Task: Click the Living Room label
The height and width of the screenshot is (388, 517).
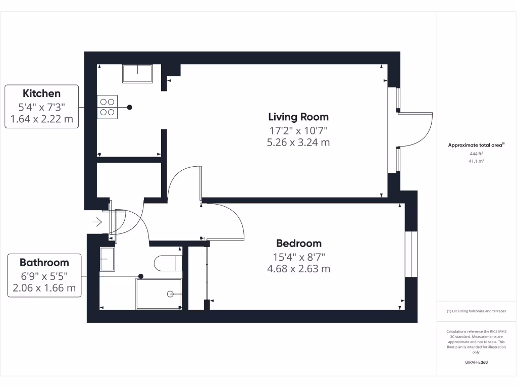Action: [x=298, y=117]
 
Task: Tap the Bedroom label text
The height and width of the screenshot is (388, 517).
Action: [x=298, y=243]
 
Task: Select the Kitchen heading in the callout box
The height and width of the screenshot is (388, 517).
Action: [x=41, y=93]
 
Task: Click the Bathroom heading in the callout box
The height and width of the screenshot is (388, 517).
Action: [x=44, y=263]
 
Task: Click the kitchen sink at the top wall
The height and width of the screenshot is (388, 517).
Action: [x=137, y=74]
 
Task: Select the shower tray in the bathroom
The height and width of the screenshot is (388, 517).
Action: [x=159, y=294]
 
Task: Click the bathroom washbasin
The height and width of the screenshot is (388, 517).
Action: [x=107, y=259]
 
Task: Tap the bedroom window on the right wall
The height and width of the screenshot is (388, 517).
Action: [x=411, y=254]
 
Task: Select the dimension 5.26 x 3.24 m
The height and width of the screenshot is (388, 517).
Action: [x=298, y=142]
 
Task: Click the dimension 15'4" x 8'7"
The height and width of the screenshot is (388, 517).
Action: [x=298, y=256]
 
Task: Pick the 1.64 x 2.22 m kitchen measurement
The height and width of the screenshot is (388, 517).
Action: [x=41, y=120]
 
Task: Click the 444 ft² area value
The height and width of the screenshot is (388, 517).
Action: [x=476, y=154]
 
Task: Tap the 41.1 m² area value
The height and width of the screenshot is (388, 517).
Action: [x=476, y=161]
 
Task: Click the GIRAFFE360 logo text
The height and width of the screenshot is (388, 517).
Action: [x=476, y=363]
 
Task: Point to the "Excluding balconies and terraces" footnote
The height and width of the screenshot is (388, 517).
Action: [x=476, y=311]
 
